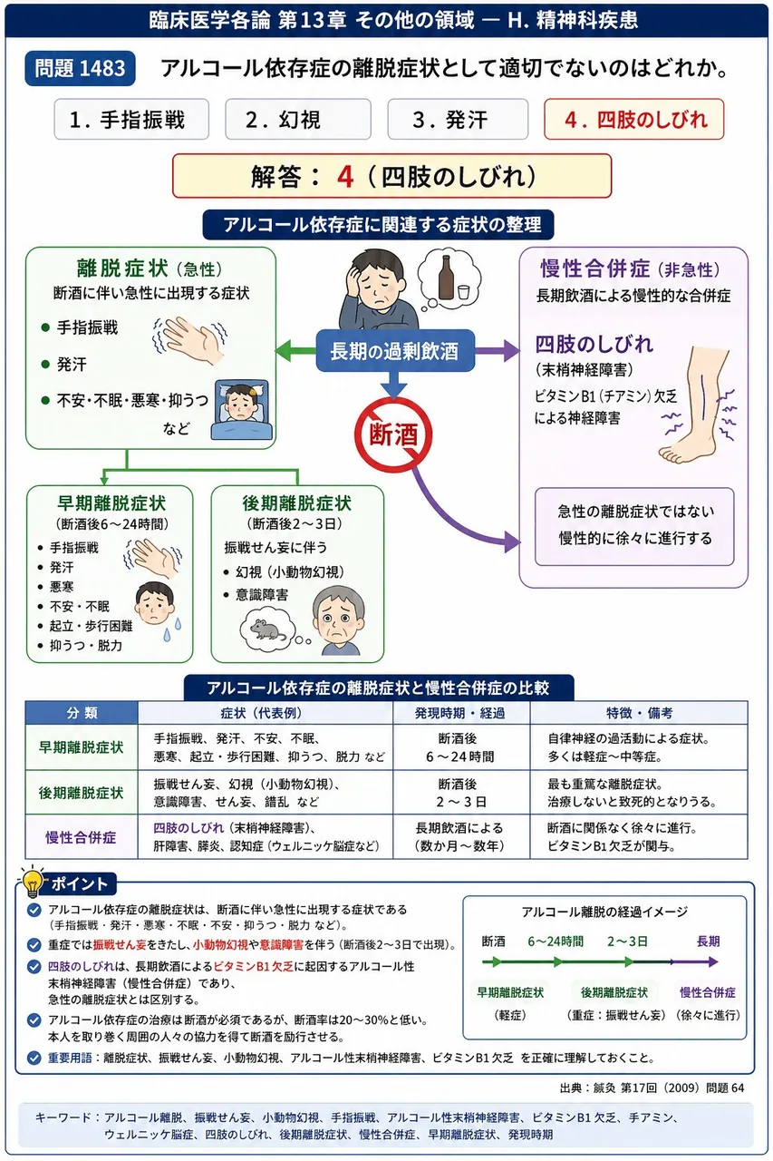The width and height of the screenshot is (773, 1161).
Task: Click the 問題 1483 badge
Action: tap(81, 68)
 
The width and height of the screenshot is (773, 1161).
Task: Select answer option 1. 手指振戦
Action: tap(131, 119)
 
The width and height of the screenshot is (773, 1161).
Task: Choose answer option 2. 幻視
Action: tap(298, 119)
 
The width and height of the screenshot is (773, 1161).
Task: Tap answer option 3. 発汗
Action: tap(458, 119)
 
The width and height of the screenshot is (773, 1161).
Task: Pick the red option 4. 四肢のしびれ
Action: tap(633, 119)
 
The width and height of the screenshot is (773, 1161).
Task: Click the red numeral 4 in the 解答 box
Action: tap(345, 176)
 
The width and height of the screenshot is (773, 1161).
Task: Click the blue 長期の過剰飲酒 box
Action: tap(395, 351)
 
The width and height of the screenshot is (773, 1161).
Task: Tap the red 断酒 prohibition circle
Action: tap(393, 434)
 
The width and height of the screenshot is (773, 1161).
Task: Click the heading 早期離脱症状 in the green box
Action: tap(111, 503)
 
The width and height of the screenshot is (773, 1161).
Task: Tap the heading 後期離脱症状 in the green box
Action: tap(296, 503)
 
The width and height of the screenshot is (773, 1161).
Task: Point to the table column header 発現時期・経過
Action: tap(459, 713)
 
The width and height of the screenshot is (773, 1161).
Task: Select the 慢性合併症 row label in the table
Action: tap(81, 837)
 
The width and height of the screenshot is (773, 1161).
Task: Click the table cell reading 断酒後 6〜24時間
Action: tap(459, 747)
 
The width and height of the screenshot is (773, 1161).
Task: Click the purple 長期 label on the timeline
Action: tap(708, 941)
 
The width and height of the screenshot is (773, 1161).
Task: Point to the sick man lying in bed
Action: tap(242, 409)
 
